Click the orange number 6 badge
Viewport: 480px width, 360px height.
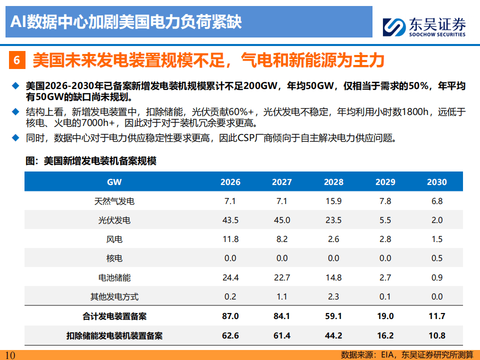(17, 61)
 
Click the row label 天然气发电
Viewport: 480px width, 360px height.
(114, 201)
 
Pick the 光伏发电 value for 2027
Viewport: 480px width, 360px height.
(282, 220)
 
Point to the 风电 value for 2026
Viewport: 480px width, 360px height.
(230, 239)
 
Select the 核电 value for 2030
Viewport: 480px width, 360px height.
(436, 258)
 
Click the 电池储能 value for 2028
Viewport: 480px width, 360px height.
(333, 277)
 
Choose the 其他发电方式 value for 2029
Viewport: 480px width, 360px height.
(385, 296)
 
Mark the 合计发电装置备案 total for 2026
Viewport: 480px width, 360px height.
(230, 316)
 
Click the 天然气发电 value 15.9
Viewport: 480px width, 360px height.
(333, 201)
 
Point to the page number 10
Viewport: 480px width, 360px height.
(10, 355)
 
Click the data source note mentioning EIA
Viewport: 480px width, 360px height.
(407, 355)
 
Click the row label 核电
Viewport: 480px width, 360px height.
(114, 258)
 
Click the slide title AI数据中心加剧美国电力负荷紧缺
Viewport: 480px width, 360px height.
(126, 22)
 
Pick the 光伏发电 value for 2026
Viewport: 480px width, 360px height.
(230, 220)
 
